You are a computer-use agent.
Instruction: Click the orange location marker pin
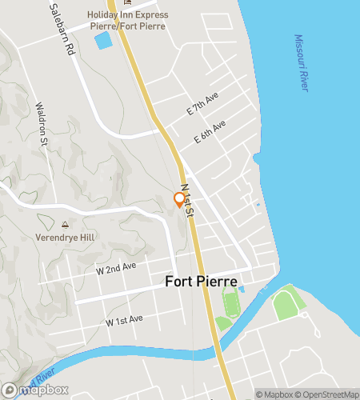click(178, 200)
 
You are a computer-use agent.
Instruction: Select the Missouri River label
click(301, 62)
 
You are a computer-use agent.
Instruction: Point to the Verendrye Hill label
click(65, 238)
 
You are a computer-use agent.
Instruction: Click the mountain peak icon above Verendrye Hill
click(65, 224)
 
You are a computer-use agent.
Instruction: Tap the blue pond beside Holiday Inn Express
click(103, 40)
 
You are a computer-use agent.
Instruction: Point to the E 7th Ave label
click(202, 107)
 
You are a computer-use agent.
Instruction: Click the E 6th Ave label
click(210, 132)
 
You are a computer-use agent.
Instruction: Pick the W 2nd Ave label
click(116, 268)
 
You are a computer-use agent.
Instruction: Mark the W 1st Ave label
click(124, 319)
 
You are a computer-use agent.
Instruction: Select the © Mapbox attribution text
click(274, 394)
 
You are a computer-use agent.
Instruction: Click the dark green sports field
click(231, 304)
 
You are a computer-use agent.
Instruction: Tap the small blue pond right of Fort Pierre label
click(242, 288)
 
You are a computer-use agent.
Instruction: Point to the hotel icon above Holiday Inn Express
click(127, 2)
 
